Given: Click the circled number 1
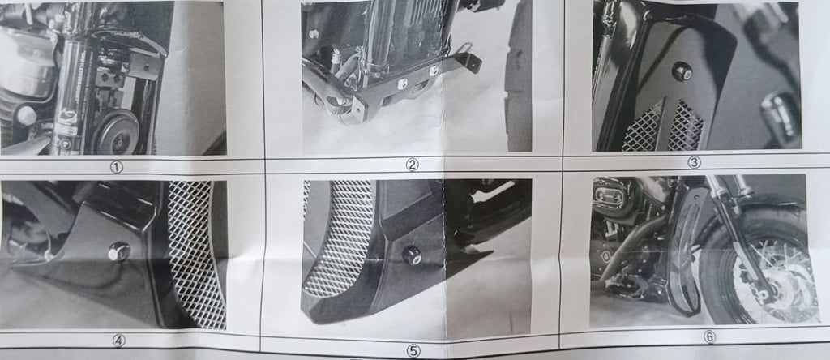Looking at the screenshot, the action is click(x=117, y=167).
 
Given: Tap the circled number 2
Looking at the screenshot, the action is click(x=412, y=165).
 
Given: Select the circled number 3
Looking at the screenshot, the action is click(x=694, y=162).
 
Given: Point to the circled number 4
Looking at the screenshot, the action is click(x=118, y=341).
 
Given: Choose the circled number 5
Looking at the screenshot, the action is click(x=413, y=350).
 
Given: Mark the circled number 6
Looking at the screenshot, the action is click(x=709, y=336).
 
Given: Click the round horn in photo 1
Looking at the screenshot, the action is click(x=115, y=131).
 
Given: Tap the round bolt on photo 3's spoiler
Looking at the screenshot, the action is click(x=682, y=71).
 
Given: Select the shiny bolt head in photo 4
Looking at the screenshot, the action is click(x=118, y=252).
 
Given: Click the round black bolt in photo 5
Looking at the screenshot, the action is click(x=411, y=255).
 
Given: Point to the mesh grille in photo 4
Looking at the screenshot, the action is click(x=196, y=253).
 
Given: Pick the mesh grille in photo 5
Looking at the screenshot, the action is click(x=336, y=238).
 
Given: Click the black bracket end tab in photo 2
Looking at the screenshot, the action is click(x=473, y=62).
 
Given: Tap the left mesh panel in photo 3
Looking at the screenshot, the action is click(x=642, y=127).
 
